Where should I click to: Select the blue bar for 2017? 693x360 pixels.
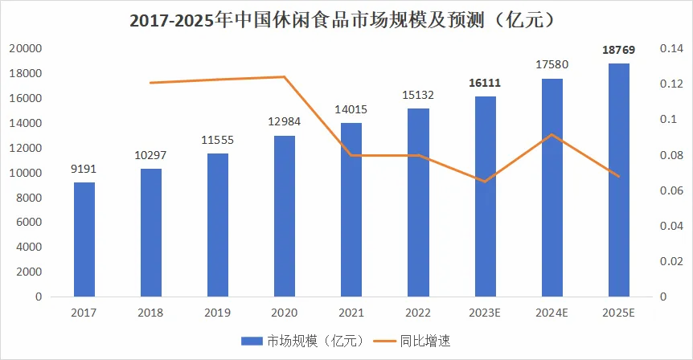point(84,239)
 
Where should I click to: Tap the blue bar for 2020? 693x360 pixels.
point(285,215)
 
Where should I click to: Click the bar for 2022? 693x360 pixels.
point(418,202)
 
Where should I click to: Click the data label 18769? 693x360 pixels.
point(618,51)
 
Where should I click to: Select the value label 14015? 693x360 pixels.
point(351,110)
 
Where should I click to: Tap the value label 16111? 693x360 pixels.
point(485,84)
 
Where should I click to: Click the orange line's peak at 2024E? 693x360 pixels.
point(552,134)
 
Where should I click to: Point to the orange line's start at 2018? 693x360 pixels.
point(151,83)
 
